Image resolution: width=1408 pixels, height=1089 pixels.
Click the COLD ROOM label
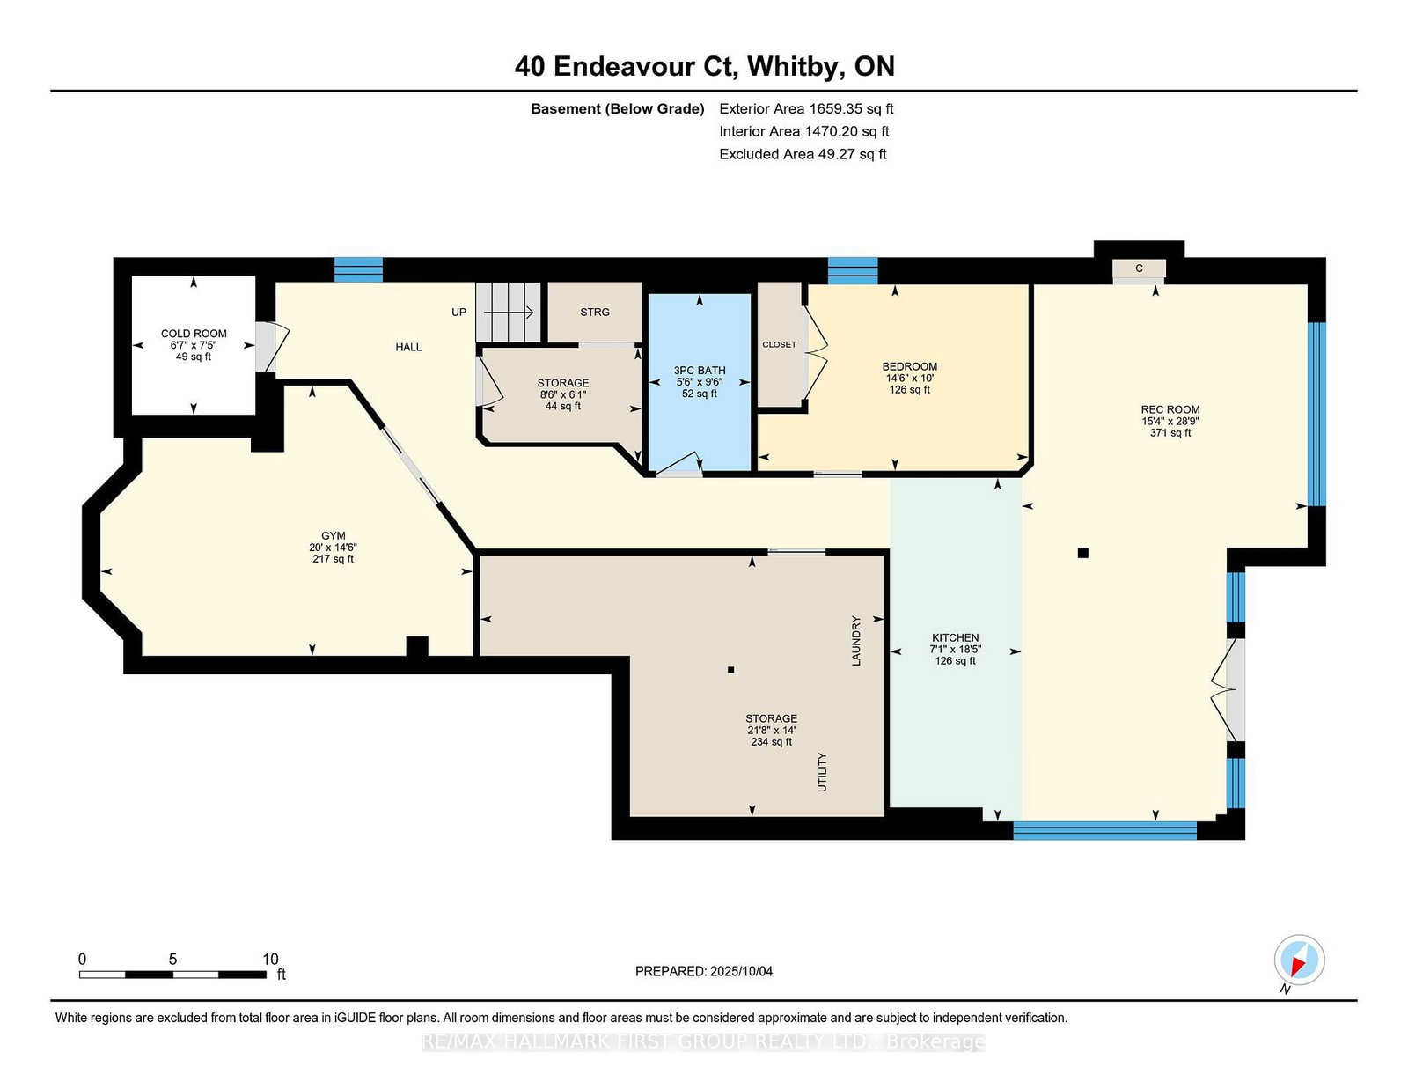tap(194, 334)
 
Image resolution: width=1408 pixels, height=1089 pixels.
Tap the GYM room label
tap(333, 535)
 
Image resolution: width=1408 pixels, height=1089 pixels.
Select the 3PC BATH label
tap(700, 371)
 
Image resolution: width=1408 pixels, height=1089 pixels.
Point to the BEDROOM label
tap(910, 366)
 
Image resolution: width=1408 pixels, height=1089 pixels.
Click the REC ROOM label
tap(1170, 409)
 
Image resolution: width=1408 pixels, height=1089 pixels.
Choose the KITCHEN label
tap(955, 637)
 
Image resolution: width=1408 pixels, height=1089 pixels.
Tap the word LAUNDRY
tap(856, 641)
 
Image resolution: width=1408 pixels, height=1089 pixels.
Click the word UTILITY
tap(822, 771)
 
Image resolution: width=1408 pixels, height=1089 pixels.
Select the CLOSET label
tap(780, 344)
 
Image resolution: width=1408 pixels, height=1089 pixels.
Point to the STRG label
tap(595, 312)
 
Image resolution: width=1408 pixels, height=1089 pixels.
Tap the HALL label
tap(409, 347)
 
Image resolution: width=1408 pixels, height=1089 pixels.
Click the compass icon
tap(1299, 960)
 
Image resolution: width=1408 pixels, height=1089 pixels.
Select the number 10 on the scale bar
tap(270, 959)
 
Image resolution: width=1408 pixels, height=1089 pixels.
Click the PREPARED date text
tap(704, 971)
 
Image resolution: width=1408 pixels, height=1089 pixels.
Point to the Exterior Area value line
tap(806, 109)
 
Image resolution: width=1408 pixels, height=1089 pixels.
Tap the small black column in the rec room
tap(1082, 553)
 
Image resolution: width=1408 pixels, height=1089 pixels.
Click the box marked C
tap(1139, 269)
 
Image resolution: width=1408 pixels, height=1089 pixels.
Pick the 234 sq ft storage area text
tap(771, 741)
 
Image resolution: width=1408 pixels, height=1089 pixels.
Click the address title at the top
tap(704, 66)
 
